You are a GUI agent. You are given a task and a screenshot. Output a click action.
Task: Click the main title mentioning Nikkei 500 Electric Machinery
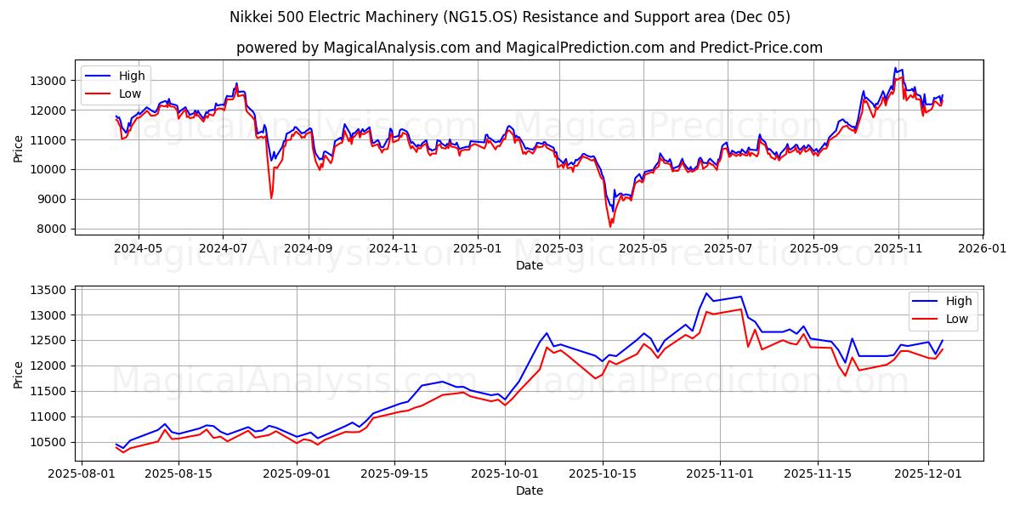pos(510,17)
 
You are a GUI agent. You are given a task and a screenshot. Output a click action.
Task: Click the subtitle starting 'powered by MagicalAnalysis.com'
pos(529,48)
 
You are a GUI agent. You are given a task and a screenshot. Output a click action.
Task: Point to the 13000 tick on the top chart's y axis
pos(49,81)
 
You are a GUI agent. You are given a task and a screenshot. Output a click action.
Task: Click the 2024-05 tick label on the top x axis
pos(138,249)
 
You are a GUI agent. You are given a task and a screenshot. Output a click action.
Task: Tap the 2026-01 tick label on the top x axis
pos(982,249)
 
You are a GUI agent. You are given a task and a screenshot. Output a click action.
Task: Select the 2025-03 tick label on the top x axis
pos(558,249)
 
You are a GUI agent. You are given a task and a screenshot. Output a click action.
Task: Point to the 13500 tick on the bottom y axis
pos(49,290)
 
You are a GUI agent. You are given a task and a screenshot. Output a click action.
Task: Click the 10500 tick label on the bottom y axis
pos(49,442)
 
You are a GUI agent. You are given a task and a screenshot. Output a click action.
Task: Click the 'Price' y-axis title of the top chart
pos(19,147)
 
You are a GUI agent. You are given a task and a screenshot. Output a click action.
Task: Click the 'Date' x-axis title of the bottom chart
pos(529,490)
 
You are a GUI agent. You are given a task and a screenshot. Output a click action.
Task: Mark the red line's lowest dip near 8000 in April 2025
pos(609,226)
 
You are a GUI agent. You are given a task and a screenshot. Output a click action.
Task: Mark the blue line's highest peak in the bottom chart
pos(706,293)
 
